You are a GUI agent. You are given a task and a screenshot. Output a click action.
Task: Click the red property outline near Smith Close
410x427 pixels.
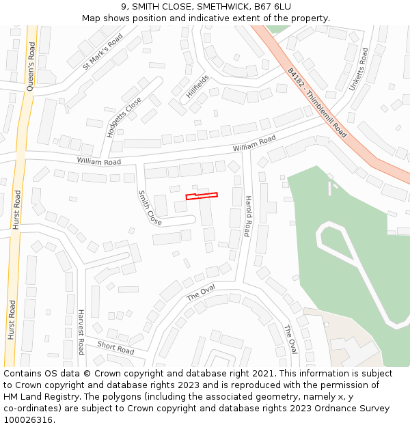pyautogui.click(x=202, y=196)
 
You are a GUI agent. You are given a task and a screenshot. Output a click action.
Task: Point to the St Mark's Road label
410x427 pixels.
pyautogui.click(x=102, y=51)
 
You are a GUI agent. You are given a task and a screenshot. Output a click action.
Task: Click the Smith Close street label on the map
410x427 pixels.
pyautogui.click(x=150, y=208)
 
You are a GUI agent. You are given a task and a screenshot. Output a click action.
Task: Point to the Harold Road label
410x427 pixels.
pyautogui.click(x=248, y=216)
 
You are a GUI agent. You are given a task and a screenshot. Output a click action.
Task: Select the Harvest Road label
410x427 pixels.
pyautogui.click(x=81, y=332)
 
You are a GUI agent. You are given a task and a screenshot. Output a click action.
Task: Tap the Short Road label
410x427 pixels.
pyautogui.click(x=115, y=347)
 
